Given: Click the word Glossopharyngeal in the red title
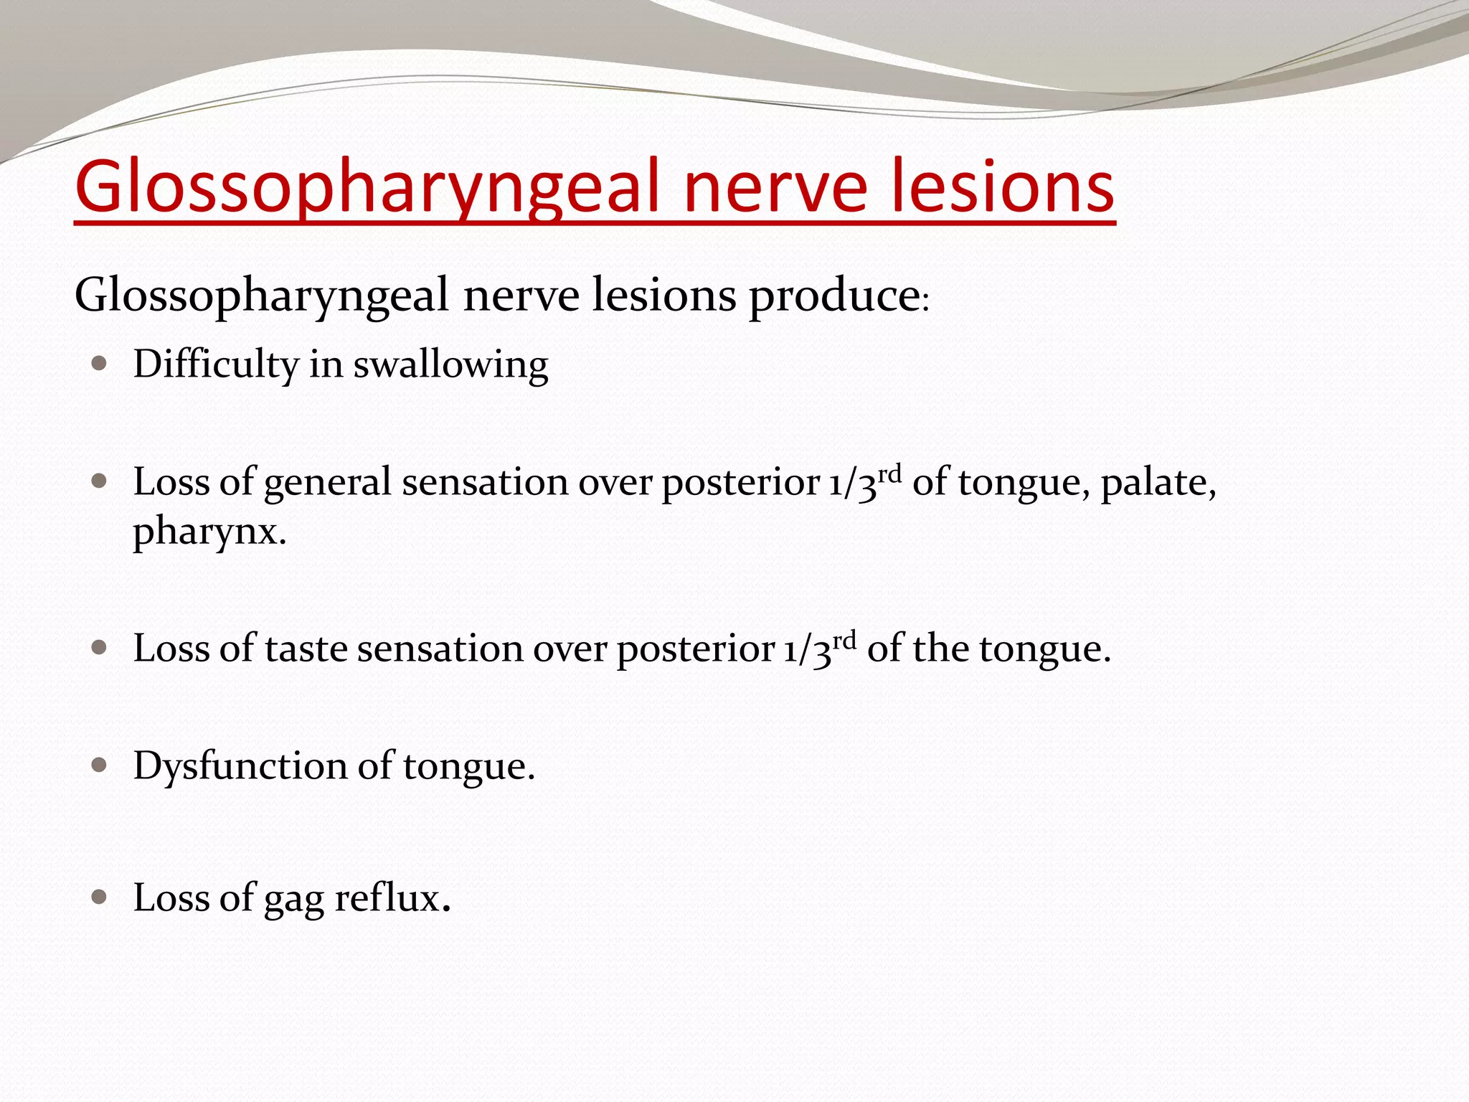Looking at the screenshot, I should click(366, 188).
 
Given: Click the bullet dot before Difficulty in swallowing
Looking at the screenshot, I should click(100, 363).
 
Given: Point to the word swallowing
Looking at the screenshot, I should click(450, 365).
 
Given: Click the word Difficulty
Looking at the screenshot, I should click(215, 364).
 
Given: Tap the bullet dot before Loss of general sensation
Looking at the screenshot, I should click(100, 481).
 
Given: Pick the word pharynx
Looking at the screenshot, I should click(209, 532).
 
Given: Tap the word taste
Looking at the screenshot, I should click(306, 649).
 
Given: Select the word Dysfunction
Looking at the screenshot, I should click(240, 766).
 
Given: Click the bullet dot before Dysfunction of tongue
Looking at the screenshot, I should click(100, 766).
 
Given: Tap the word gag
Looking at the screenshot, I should click(293, 899).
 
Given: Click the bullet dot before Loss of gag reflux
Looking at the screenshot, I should click(100, 897).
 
